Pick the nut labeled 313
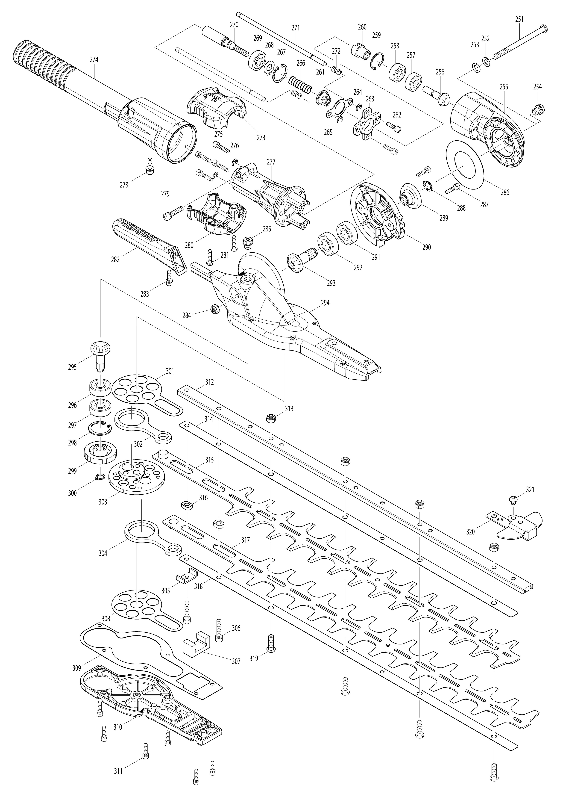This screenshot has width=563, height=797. (x=271, y=418)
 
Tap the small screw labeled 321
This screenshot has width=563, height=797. (x=513, y=499)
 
